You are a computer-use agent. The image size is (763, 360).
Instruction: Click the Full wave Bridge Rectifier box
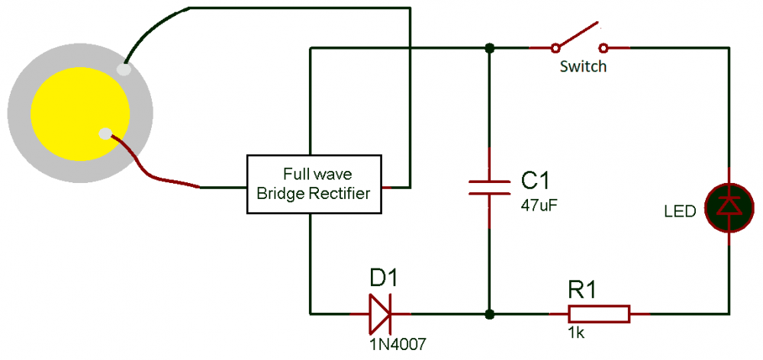pyautogui.click(x=316, y=185)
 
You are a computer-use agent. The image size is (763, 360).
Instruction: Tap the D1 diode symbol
pyautogui.click(x=380, y=313)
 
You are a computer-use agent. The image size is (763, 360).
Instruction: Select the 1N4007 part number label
pyautogui.click(x=394, y=343)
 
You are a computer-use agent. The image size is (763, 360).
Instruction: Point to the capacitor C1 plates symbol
pyautogui.click(x=489, y=188)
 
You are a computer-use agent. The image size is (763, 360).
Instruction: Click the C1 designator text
pyautogui.click(x=535, y=181)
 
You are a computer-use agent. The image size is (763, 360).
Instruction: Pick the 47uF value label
pyautogui.click(x=534, y=205)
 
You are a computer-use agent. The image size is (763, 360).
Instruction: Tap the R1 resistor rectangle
pyautogui.click(x=598, y=313)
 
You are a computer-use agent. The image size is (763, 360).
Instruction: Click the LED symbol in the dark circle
pyautogui.click(x=729, y=206)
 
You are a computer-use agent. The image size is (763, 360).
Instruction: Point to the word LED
pyautogui.click(x=680, y=211)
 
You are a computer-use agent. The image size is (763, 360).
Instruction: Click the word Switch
pyautogui.click(x=583, y=66)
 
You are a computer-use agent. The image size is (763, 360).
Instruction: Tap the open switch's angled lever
pyautogui.click(x=578, y=36)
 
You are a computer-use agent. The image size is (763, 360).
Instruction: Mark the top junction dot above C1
pyautogui.click(x=489, y=48)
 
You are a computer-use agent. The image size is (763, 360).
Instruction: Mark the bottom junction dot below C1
pyautogui.click(x=489, y=313)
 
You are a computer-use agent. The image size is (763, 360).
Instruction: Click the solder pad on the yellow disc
pyautogui.click(x=105, y=135)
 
